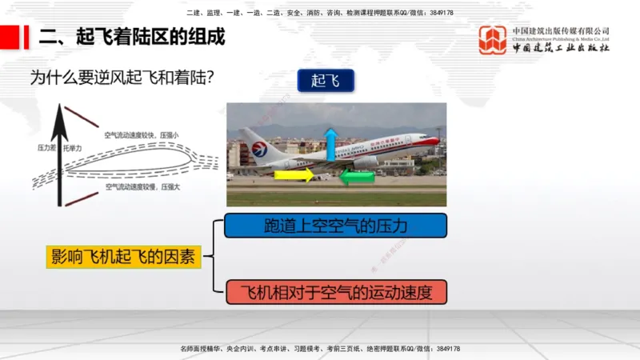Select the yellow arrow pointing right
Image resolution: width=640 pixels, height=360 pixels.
(294, 174)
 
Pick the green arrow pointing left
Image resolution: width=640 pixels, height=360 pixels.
(357, 175)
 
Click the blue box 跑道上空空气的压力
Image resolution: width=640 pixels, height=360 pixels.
(335, 226)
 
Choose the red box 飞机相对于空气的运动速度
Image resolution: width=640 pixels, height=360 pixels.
(335, 293)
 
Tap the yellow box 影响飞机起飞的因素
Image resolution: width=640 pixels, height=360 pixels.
(123, 257)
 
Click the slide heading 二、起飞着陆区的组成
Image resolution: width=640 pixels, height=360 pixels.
(133, 37)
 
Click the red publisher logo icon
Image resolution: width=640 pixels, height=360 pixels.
(492, 40)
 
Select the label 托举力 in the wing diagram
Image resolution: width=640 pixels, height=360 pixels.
(73, 149)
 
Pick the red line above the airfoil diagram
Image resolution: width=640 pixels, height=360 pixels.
(82, 116)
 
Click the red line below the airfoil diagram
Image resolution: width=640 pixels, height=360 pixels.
(82, 198)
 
